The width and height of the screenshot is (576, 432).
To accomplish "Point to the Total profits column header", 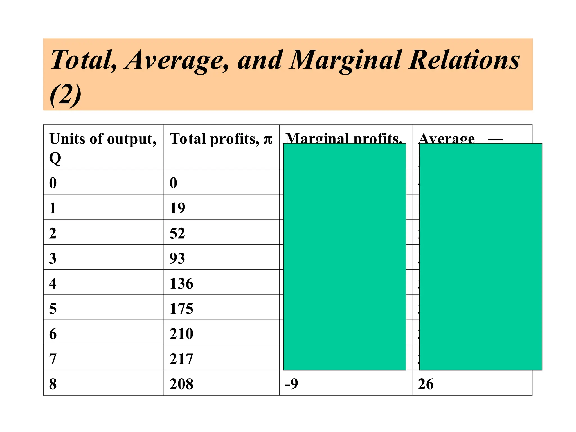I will pos(221,139).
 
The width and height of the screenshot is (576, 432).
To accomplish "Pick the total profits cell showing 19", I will pos(177,208).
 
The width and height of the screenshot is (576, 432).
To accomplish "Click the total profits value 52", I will pos(177,233).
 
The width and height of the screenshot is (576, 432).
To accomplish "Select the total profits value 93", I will pos(177,258).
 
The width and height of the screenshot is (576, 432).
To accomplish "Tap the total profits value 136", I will pos(181,283).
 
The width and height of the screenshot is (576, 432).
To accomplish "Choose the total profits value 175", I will pos(181,309).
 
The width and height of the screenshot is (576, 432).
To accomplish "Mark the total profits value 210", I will pos(181,334).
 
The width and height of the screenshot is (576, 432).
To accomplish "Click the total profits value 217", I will pos(181,359).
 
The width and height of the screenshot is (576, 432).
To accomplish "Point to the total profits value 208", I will pos(181,384).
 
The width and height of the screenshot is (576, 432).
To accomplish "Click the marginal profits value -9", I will pos(292,384).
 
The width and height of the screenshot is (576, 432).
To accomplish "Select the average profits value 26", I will pos(426,384).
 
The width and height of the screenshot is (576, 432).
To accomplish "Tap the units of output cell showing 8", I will pos(53,384).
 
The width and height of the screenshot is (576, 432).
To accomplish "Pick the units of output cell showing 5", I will pos(53,309).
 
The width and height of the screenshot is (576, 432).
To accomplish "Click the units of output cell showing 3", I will pos(53,258).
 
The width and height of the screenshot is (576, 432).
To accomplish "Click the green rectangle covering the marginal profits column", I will pos(345,256).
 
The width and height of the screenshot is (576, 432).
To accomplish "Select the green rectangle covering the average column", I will pos(480,256).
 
